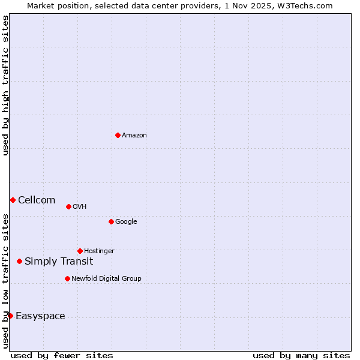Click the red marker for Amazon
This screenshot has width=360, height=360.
(118, 135)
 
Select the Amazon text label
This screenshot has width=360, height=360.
(134, 136)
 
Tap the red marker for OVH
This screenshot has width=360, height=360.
(68, 206)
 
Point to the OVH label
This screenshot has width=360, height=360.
(80, 207)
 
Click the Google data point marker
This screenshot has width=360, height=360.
(111, 221)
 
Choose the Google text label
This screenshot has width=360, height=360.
(126, 222)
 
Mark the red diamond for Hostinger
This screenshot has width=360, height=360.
(80, 251)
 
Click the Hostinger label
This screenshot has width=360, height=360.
(99, 251)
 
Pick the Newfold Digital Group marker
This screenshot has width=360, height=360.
(67, 278)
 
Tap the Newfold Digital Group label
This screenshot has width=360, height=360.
(106, 279)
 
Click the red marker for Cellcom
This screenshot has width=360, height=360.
(13, 200)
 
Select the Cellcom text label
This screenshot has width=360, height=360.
(37, 200)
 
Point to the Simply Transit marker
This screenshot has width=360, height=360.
(19, 261)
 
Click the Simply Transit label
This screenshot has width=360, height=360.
(59, 262)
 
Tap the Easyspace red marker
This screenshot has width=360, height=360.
(10, 316)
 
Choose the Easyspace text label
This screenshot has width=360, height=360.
(40, 316)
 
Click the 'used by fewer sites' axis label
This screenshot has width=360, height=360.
(62, 355)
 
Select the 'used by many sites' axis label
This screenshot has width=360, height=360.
(301, 355)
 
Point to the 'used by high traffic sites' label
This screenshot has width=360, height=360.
(5, 85)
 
